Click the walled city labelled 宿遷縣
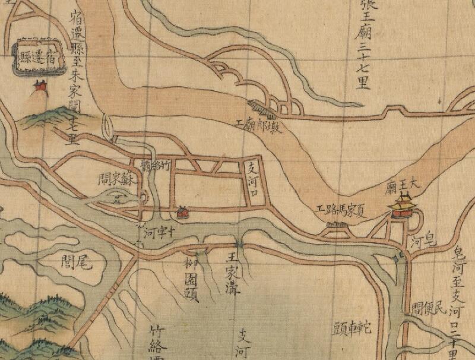(39, 56)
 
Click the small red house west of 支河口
(182, 211)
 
